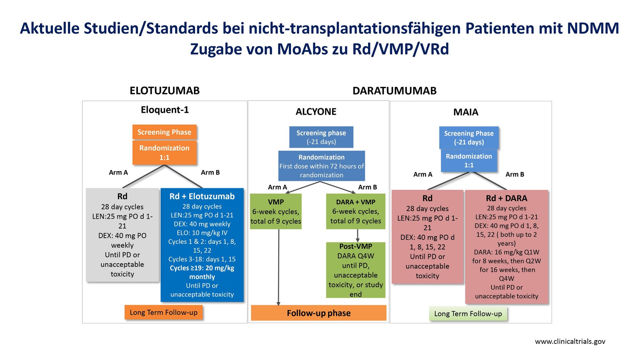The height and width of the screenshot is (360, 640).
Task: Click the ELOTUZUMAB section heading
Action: pos(165,91)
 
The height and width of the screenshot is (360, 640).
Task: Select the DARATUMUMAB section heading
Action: pos(394,91)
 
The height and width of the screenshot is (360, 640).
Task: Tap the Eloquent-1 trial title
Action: pos(165,110)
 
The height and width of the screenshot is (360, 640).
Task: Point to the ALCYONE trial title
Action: pos(316,111)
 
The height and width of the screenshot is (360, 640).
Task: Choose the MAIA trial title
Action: pos(466,112)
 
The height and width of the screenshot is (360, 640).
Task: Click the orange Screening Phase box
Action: pos(164,132)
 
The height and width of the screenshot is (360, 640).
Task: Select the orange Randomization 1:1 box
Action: pos(164,152)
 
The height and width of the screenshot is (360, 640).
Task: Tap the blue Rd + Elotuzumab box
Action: pos(202,245)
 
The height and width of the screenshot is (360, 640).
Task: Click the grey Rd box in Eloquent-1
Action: pos(122,235)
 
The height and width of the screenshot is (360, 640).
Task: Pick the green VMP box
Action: pos(276,211)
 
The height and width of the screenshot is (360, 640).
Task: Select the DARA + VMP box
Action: pos(356,211)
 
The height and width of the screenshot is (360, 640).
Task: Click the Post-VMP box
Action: pos(356,270)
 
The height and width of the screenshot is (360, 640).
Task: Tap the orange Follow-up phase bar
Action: pos(318,313)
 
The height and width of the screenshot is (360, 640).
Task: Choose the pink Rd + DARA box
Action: pos(507,246)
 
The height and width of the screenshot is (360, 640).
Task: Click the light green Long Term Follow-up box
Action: pos(468,314)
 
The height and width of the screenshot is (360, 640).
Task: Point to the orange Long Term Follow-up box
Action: pos(163,312)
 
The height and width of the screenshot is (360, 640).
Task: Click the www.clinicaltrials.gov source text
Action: pos(570,341)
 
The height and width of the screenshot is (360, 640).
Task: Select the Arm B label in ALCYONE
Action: pos(367,187)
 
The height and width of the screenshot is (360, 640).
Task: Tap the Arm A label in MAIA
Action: pos(423,174)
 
